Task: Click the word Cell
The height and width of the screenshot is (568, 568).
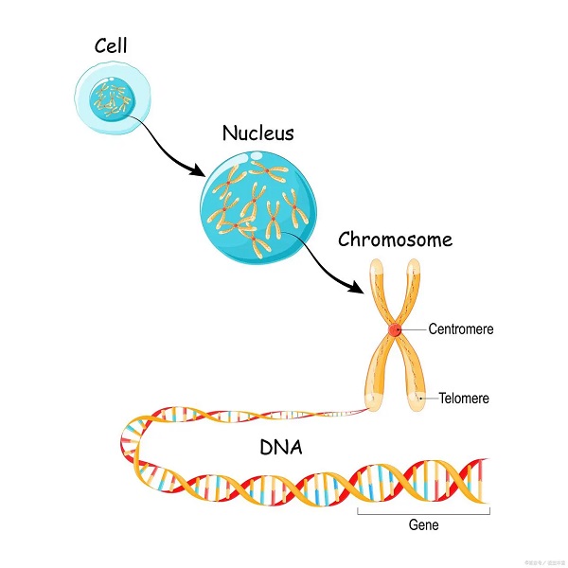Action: pos(111,44)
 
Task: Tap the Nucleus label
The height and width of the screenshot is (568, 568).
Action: pos(257,133)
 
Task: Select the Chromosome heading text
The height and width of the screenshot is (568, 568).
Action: pos(395,239)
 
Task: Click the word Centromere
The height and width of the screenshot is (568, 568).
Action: pos(461,329)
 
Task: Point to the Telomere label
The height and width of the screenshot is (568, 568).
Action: pos(464,399)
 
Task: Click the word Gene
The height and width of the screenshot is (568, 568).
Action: pos(423,524)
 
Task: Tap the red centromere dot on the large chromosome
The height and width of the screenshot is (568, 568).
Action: pos(393,329)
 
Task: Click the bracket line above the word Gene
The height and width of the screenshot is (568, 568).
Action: pos(423,511)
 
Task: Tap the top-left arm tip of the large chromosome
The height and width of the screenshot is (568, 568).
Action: pos(376,268)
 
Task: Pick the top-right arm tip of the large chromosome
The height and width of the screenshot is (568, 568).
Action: pos(414,268)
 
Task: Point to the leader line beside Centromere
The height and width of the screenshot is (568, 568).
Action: pos(414,329)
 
